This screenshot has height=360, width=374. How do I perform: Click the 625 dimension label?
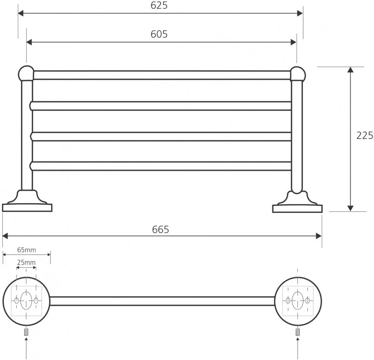[x=159, y=5]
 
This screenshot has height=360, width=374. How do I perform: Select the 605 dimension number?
[x=159, y=34]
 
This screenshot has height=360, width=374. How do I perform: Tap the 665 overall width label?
[x=160, y=230]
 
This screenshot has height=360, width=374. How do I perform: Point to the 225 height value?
[x=365, y=135]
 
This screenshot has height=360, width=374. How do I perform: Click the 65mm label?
[x=27, y=250]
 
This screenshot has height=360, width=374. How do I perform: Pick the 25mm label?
[x=26, y=262]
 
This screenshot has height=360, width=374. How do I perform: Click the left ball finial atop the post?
[x=26, y=73]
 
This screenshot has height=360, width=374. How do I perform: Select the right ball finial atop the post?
[x=297, y=74]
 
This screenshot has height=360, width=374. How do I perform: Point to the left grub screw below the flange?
[x=26, y=332]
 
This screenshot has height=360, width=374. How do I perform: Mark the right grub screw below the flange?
[x=297, y=332]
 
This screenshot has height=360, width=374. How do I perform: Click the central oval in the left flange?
[x=26, y=301]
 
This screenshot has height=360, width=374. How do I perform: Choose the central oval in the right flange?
[x=298, y=301]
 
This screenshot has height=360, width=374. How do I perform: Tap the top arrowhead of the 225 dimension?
[x=350, y=70]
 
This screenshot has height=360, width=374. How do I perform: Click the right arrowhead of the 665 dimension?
[x=318, y=236]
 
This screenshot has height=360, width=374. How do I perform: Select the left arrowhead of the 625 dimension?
[x=21, y=13]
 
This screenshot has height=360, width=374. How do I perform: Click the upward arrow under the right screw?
[x=298, y=347]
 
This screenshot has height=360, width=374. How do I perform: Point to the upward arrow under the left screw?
[x=26, y=347]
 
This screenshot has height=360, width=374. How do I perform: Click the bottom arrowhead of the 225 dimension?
[x=350, y=208]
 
